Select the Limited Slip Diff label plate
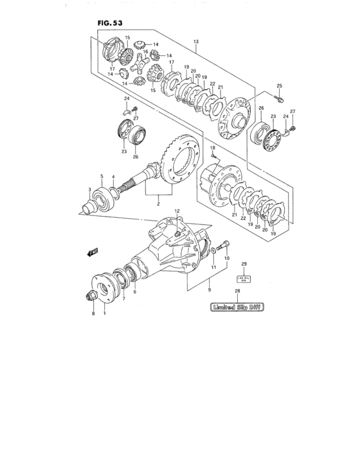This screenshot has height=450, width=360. pos(237,307)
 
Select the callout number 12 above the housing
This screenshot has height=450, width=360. pos(177,212)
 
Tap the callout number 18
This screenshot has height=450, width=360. pos(212,148)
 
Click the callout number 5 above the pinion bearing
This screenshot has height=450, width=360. pos(101,175)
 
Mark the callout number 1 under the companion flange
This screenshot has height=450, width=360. pos(104,314)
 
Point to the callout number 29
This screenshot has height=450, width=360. pos(244,264)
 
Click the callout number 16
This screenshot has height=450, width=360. pos(146,51)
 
